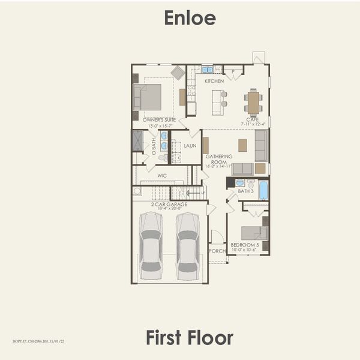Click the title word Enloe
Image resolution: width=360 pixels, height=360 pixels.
[x=190, y=17]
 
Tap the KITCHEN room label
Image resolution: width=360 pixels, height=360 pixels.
[x=214, y=81]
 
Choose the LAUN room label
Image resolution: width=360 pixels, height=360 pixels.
[x=190, y=146]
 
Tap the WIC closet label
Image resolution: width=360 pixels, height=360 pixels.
[x=161, y=176]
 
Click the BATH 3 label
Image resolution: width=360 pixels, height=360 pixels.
[x=245, y=191]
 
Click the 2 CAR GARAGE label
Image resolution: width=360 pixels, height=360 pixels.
[x=169, y=205]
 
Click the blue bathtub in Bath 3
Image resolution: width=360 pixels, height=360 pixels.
[x=263, y=189]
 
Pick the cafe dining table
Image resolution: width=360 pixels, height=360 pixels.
[x=253, y=102]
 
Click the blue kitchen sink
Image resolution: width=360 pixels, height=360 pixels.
[x=207, y=70]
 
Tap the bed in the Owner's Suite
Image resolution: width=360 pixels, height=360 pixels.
[x=148, y=97]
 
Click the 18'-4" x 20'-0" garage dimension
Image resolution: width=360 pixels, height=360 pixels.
[x=169, y=209]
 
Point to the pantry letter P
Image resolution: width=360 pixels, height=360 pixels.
[x=233, y=71]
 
